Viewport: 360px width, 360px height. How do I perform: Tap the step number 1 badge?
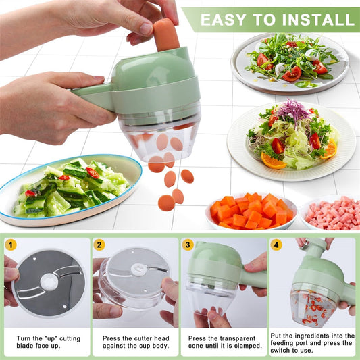[10, 245]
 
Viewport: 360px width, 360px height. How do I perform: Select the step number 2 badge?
[99, 245]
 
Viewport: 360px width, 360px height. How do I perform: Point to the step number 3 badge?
[188, 245]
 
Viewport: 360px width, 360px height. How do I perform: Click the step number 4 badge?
[276, 245]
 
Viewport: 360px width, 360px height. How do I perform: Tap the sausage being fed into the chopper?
[165, 34]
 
